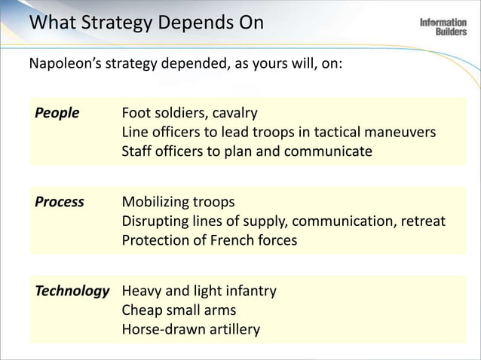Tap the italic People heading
57,113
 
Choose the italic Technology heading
72,291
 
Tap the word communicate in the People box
331,152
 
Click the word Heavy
141,291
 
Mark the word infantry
247,291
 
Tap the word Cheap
142,310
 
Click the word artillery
234,330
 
